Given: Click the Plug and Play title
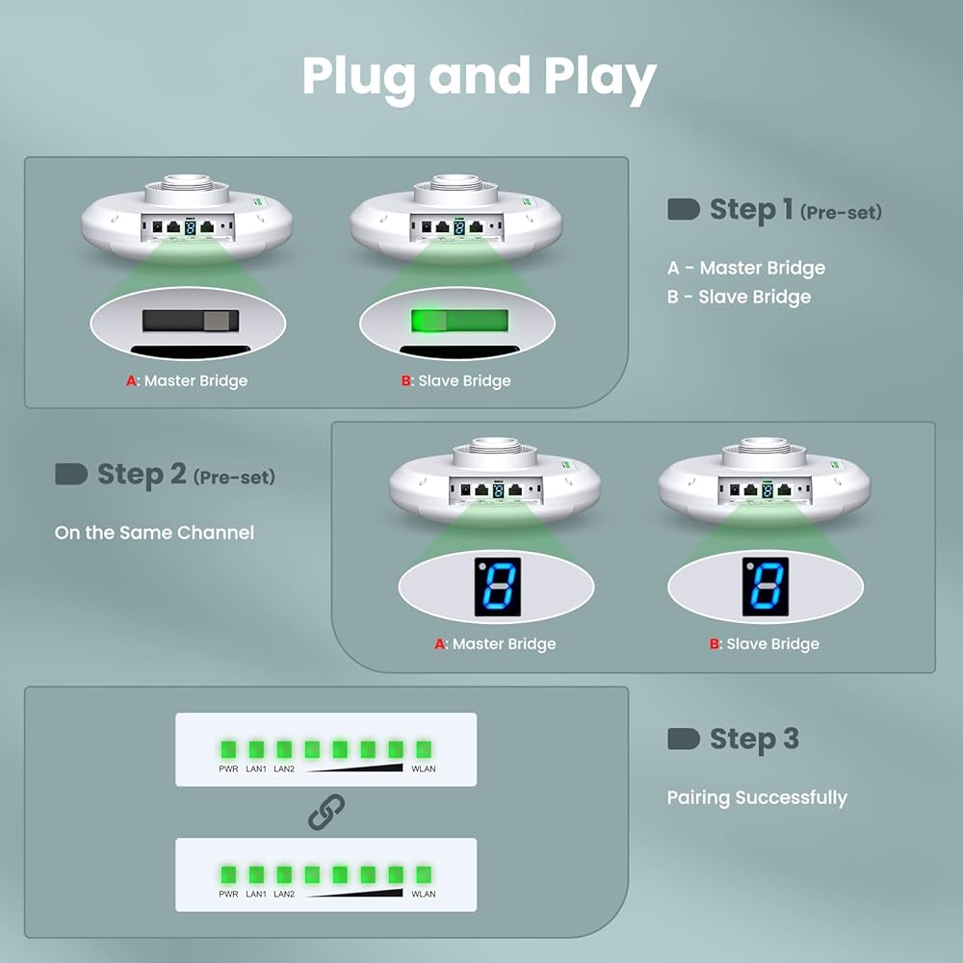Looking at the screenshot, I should tap(480, 77).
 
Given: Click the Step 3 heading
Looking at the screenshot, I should tap(754, 740).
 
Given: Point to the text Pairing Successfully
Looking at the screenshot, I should tap(757, 797).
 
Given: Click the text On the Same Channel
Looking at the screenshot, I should tap(154, 532).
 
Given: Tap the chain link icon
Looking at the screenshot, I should tap(325, 812).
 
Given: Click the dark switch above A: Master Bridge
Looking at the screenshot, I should tap(190, 321).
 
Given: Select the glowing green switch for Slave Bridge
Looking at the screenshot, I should tap(458, 321).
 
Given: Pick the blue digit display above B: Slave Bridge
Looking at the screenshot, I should tap(766, 586).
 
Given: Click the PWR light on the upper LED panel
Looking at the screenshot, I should tap(229, 749).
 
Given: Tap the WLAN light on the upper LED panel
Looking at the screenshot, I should tap(423, 749).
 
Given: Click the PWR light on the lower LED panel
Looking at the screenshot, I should tap(229, 874).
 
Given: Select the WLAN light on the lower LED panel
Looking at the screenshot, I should tap(423, 874).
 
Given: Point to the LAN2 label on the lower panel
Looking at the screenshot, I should tap(284, 894).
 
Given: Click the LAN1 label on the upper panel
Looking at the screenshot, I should tap(256, 768).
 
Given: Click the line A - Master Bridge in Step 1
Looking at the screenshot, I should tap(746, 268).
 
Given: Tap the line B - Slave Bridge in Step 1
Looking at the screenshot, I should tap(739, 297).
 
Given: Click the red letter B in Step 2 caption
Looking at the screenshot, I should tap(715, 644).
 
